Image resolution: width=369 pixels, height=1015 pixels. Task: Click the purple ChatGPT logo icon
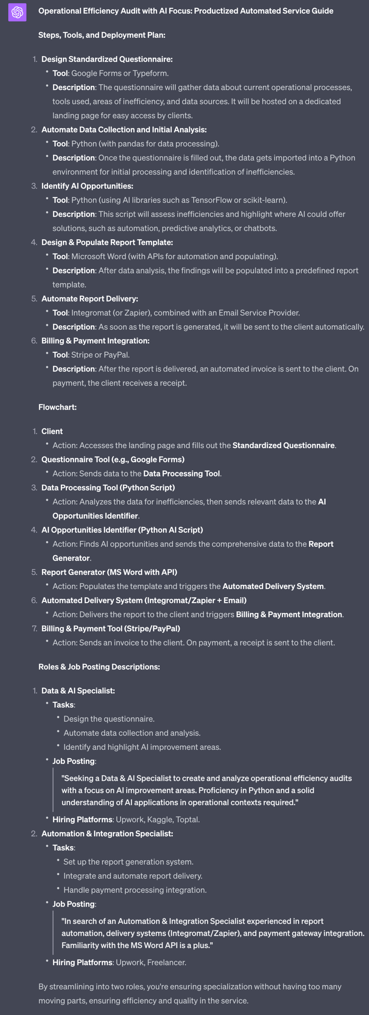[17, 12]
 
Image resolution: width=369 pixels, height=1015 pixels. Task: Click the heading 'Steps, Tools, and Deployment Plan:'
[102, 35]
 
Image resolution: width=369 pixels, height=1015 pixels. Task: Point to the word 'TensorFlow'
[212, 200]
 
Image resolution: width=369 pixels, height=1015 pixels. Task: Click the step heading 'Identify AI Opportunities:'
[87, 186]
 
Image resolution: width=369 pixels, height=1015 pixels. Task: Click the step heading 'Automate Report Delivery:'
[90, 299]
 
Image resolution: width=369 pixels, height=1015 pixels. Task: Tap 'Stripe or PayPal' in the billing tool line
[100, 355]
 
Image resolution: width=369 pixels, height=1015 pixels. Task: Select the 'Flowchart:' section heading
[57, 407]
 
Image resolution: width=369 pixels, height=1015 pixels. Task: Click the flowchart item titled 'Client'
[52, 431]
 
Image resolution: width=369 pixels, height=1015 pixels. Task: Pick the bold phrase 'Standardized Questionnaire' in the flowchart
[283, 446]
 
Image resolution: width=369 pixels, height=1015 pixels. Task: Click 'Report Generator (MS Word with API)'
[109, 572]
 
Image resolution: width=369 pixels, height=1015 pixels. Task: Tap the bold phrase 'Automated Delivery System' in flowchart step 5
[273, 586]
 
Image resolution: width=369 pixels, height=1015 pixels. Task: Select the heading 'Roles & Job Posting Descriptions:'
[99, 667]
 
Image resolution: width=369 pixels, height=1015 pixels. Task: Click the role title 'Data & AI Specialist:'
[78, 691]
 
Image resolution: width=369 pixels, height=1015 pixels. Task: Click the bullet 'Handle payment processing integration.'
[135, 890]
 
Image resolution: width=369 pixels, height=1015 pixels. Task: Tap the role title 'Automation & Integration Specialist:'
[107, 834]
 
